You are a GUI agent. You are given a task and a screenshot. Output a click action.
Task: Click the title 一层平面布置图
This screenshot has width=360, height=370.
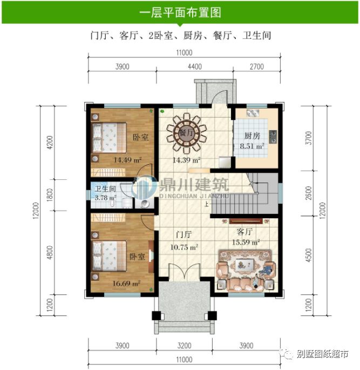(180, 12)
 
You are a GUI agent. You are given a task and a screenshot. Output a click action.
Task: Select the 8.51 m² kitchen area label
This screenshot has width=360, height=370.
(252, 146)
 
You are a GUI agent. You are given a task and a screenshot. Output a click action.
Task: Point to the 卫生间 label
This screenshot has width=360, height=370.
(106, 189)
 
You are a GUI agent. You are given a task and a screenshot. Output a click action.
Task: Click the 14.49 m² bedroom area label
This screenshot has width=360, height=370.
(127, 160)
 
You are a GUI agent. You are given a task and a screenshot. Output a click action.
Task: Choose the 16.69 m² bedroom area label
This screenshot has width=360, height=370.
(127, 282)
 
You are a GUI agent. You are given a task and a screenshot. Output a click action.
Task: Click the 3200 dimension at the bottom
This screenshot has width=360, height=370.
(184, 345)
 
